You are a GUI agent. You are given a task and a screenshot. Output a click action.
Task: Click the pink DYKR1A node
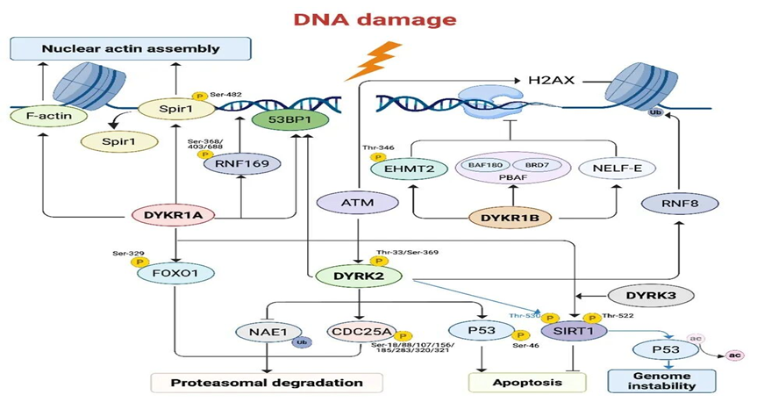(175, 215)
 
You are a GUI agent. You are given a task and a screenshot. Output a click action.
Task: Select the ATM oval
(356, 204)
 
